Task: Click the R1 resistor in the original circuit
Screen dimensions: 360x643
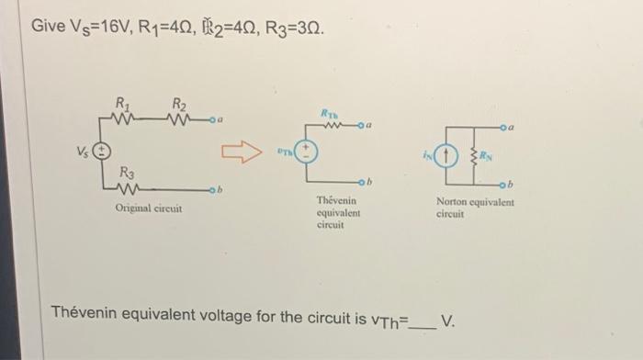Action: pos(122,118)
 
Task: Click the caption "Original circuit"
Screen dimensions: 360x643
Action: pos(148,208)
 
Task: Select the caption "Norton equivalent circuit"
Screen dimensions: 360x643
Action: pos(475,208)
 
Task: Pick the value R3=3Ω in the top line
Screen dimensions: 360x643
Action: pos(293,27)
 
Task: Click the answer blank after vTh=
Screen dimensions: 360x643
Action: pos(422,322)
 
